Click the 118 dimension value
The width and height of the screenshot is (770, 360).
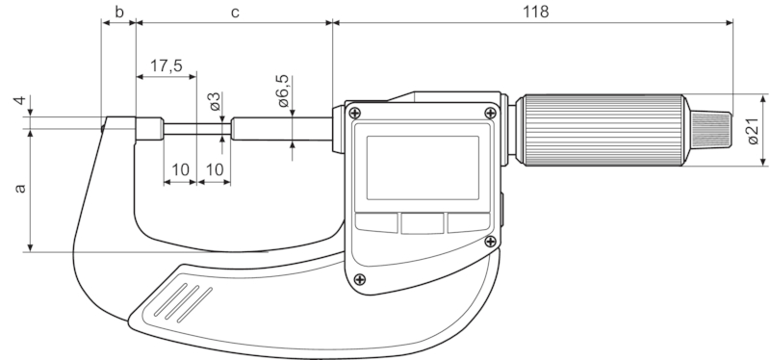(535, 12)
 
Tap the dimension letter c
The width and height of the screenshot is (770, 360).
(235, 13)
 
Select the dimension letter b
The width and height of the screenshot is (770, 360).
(119, 12)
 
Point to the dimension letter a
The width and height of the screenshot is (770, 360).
(19, 188)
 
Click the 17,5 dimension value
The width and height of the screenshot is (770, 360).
(166, 65)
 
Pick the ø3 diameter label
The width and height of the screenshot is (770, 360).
(215, 101)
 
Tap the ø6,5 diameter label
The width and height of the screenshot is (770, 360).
(283, 90)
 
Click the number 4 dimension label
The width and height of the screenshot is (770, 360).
(19, 101)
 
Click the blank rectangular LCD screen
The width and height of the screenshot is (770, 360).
(423, 167)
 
